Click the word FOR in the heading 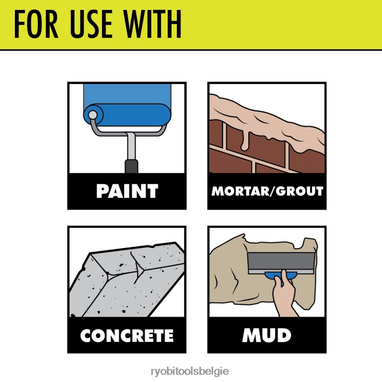36,24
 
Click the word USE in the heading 91,24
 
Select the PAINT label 127,191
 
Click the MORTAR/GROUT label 267,191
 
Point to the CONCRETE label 127,335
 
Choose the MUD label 267,335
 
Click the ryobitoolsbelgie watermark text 190,372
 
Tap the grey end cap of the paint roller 93,115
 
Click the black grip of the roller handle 131,167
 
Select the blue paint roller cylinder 127,115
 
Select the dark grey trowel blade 281,261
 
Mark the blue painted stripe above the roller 127,94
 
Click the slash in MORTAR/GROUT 273,191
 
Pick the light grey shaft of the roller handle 131,147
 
